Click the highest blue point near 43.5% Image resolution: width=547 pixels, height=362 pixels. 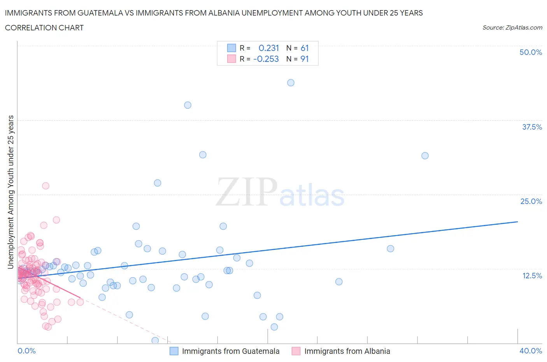click(x=291, y=83)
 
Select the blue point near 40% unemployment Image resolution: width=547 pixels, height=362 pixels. click(x=188, y=105)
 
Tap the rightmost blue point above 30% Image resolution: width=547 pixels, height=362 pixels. click(x=425, y=156)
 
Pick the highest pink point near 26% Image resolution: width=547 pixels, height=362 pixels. click(x=46, y=186)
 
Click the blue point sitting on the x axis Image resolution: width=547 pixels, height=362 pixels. click(x=155, y=341)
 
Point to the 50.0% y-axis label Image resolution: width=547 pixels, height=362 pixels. click(x=531, y=52)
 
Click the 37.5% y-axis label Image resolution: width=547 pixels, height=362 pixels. click(x=532, y=127)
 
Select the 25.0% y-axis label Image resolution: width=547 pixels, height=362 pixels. click(x=531, y=201)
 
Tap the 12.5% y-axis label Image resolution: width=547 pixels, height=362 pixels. click(x=532, y=276)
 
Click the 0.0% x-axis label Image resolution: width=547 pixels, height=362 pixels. click(x=26, y=351)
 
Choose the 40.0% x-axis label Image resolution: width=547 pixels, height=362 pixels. click(x=531, y=351)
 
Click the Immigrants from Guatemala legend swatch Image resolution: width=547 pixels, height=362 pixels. click(x=174, y=351)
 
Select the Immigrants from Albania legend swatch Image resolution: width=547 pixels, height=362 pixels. click(x=296, y=351)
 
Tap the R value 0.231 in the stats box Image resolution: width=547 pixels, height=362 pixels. click(x=269, y=48)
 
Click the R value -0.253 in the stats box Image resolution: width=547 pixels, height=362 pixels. click(x=266, y=59)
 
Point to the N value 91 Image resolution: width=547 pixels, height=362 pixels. click(x=305, y=59)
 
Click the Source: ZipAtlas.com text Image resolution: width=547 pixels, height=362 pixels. click(x=512, y=28)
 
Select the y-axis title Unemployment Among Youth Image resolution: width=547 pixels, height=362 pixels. click(x=11, y=192)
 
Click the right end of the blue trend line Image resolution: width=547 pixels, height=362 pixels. click(x=517, y=221)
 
